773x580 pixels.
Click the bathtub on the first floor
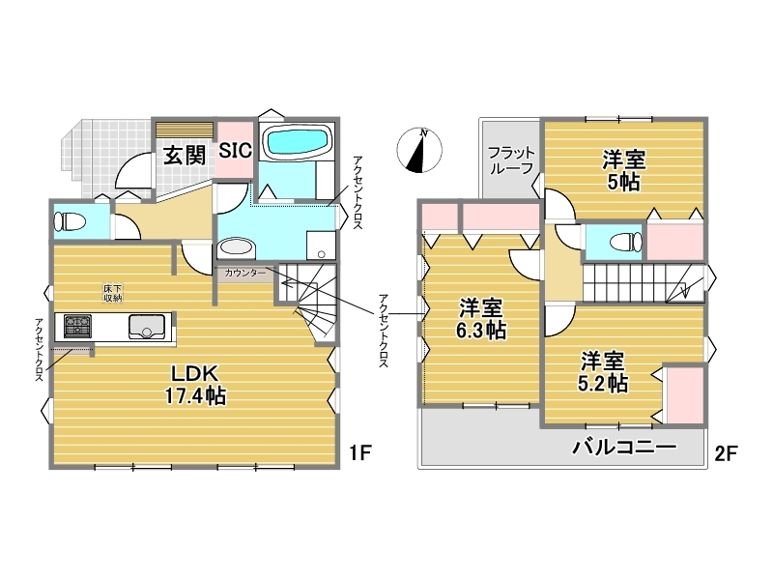pyautogui.click(x=297, y=140)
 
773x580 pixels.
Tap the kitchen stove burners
pyautogui.click(x=77, y=326)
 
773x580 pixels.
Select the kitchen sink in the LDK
pyautogui.click(x=147, y=326)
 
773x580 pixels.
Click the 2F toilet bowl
pyautogui.click(x=626, y=243)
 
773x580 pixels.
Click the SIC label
pyautogui.click(x=235, y=150)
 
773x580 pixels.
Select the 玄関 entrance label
pyautogui.click(x=185, y=156)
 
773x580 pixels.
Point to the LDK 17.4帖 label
pyautogui.click(x=195, y=385)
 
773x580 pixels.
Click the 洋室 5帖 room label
pyautogui.click(x=623, y=171)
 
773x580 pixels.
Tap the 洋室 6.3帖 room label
pyautogui.click(x=481, y=319)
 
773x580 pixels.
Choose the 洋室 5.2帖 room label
pyautogui.click(x=602, y=372)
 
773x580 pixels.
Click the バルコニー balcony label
pyautogui.click(x=623, y=448)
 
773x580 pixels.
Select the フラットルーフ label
pyautogui.click(x=511, y=159)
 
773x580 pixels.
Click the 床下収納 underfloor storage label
pyautogui.click(x=113, y=293)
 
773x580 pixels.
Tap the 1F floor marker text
pyautogui.click(x=359, y=452)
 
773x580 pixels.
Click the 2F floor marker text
pyautogui.click(x=726, y=452)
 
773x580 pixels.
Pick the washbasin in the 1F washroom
pyautogui.click(x=236, y=248)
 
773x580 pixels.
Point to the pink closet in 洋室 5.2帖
pyautogui.click(x=684, y=395)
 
